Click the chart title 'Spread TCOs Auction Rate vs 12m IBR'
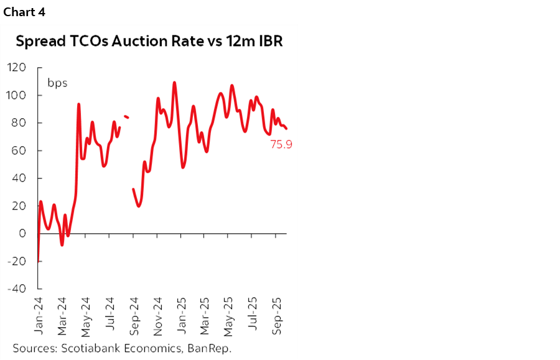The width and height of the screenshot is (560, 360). [149, 42]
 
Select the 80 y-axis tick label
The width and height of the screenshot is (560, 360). [19, 123]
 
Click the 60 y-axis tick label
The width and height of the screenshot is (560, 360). [19, 150]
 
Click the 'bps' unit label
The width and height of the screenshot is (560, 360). [57, 83]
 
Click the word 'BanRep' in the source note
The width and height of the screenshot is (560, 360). [212, 348]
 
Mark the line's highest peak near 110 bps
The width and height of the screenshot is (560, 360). [174, 82]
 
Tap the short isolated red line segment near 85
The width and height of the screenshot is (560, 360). [126, 116]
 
